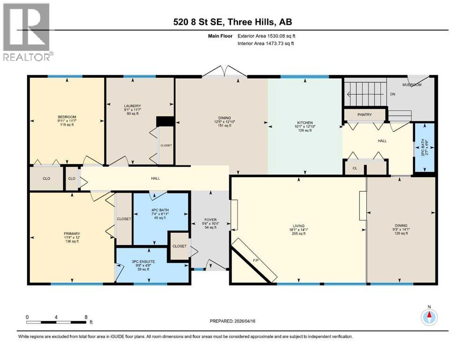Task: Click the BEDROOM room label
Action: (67, 117)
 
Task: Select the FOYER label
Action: (210, 219)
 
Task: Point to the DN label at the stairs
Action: (392, 94)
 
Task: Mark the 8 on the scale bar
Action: (85, 317)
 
